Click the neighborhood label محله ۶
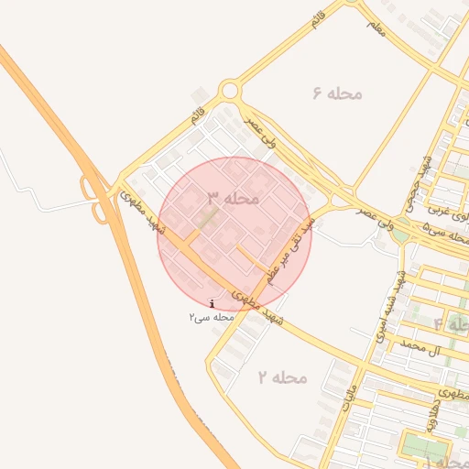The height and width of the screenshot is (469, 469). [338, 93]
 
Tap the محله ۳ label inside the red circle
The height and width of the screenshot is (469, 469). [234, 198]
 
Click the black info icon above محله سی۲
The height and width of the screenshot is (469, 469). [213, 303]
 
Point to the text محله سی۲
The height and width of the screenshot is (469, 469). [213, 317]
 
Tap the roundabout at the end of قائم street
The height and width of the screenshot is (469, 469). [229, 91]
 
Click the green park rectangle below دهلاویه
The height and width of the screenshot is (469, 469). [422, 446]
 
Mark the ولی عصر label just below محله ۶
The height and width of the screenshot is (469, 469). [260, 133]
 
